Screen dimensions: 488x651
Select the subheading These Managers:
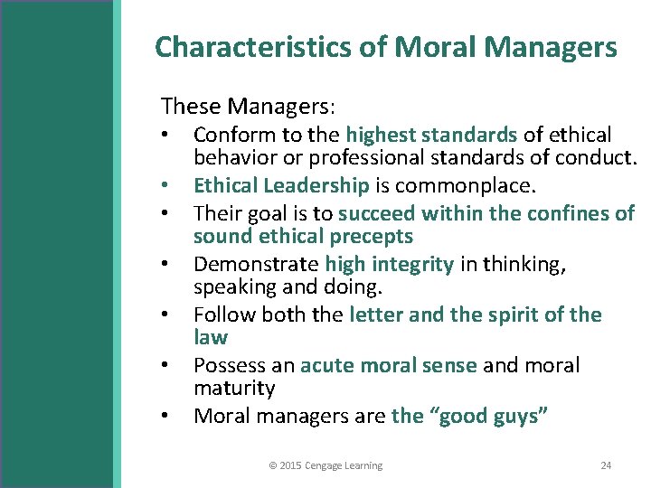click(248, 106)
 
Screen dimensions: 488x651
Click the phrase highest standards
click(431, 135)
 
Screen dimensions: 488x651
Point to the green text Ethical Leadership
click(281, 185)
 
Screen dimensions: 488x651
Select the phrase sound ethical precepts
click(303, 237)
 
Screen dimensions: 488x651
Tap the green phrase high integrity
click(389, 264)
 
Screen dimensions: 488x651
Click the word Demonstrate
click(256, 264)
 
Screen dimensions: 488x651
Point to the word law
click(211, 337)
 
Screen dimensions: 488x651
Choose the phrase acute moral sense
click(389, 365)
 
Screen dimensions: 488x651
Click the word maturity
click(234, 389)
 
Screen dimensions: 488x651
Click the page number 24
click(606, 465)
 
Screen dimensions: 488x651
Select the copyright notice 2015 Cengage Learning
click(325, 465)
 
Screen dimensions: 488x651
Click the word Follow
click(222, 314)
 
